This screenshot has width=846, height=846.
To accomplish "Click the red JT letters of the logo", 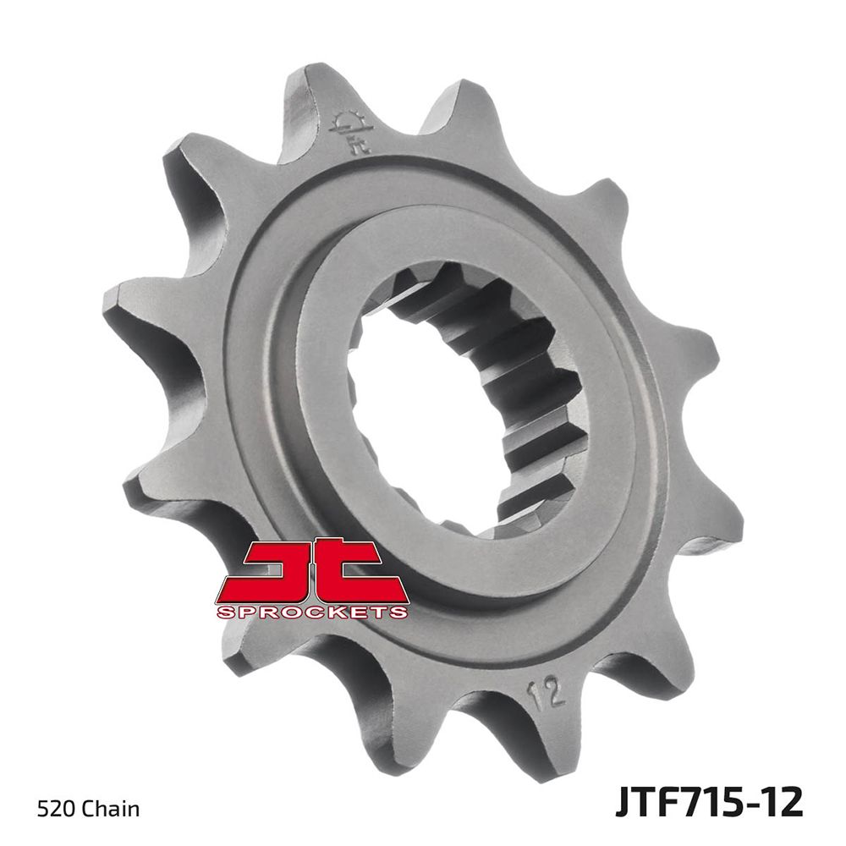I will click(313, 569).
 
